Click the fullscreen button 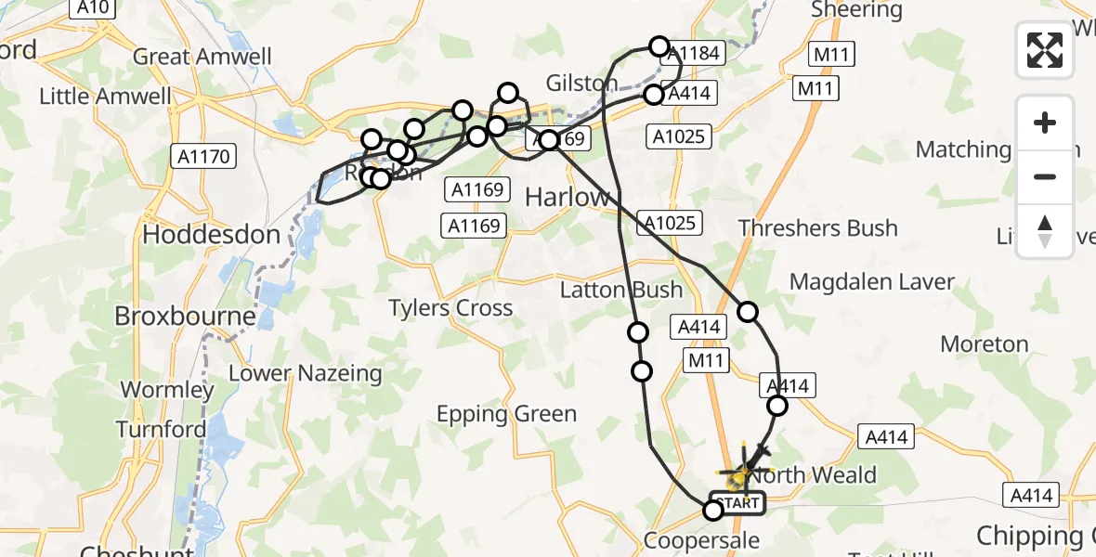(1045, 50)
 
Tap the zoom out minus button (1045, 176)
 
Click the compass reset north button (1045, 230)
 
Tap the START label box (738, 503)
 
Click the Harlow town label (568, 197)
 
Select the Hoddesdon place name (211, 235)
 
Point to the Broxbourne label (185, 317)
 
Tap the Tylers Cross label (450, 308)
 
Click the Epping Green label (507, 414)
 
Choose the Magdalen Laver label (872, 281)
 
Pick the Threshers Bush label (817, 228)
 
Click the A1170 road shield (205, 157)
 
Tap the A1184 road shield (694, 53)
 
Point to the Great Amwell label (202, 57)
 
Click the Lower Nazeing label (306, 374)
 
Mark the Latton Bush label (621, 291)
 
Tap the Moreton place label (985, 344)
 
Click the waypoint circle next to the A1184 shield (659, 45)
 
